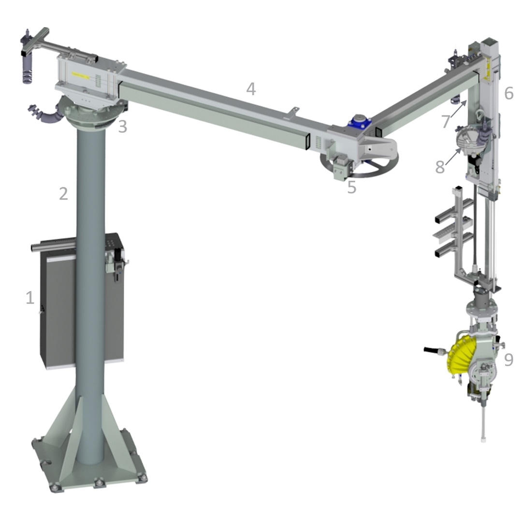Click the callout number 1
30,297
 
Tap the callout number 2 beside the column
63,193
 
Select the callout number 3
122,127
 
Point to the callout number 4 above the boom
251,89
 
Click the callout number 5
351,187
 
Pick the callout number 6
508,93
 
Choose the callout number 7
446,121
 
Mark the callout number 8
440,167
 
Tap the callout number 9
508,360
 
